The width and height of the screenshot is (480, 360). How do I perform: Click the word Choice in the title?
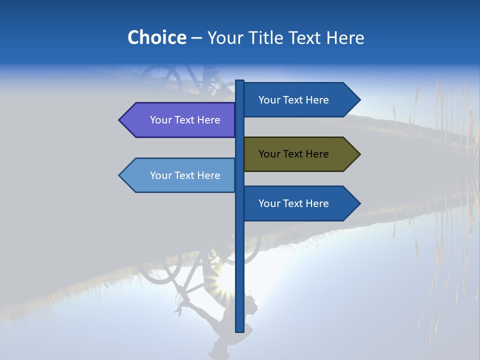click(x=156, y=37)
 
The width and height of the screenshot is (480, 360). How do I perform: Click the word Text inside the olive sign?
click(x=293, y=154)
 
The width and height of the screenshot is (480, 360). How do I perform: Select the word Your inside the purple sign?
click(x=160, y=120)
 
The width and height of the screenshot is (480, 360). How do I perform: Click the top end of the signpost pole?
click(x=239, y=81)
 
